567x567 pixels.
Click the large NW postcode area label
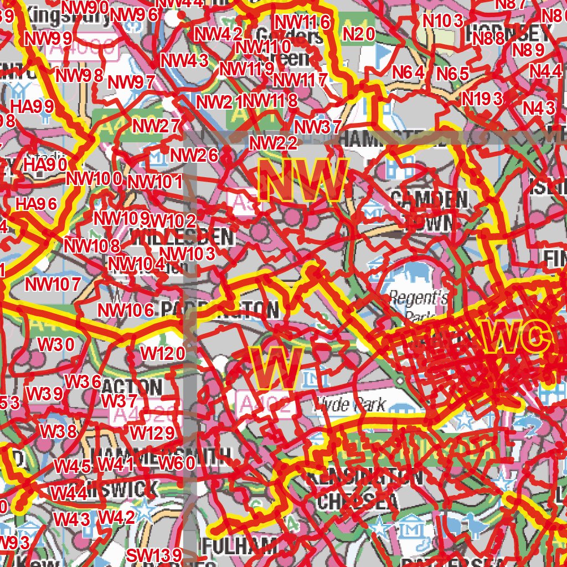click(303, 181)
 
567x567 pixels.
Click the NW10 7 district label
click(54, 285)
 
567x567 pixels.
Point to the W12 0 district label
click(163, 353)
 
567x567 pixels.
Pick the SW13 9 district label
click(154, 555)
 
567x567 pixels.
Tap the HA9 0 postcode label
click(46, 164)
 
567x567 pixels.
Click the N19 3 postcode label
click(482, 99)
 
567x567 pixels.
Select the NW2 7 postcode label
click(157, 126)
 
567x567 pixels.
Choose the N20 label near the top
click(359, 34)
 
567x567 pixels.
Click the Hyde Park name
click(349, 404)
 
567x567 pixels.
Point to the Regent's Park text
click(418, 305)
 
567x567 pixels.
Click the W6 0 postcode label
click(177, 463)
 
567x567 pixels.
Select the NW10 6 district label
click(126, 310)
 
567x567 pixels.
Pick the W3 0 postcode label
click(56, 344)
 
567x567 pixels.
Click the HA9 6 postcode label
click(37, 203)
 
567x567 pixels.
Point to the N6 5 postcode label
click(453, 73)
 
